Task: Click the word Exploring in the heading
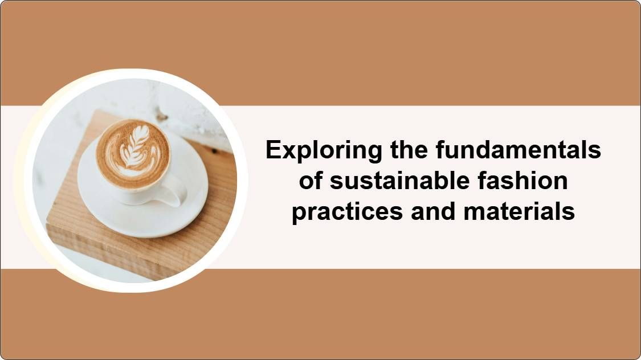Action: pyautogui.click(x=324, y=150)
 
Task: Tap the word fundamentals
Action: pyautogui.click(x=518, y=149)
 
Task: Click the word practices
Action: pyautogui.click(x=347, y=212)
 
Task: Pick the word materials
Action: pyautogui.click(x=519, y=212)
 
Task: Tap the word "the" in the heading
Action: pyautogui.click(x=409, y=149)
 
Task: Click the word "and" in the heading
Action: pyautogui.click(x=434, y=212)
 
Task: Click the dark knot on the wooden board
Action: pyautogui.click(x=215, y=152)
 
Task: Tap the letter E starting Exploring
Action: pyautogui.click(x=273, y=149)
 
